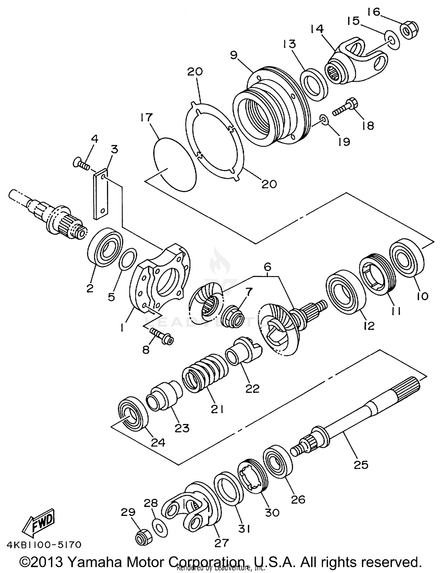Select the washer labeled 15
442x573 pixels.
391,40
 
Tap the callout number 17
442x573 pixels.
146,117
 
